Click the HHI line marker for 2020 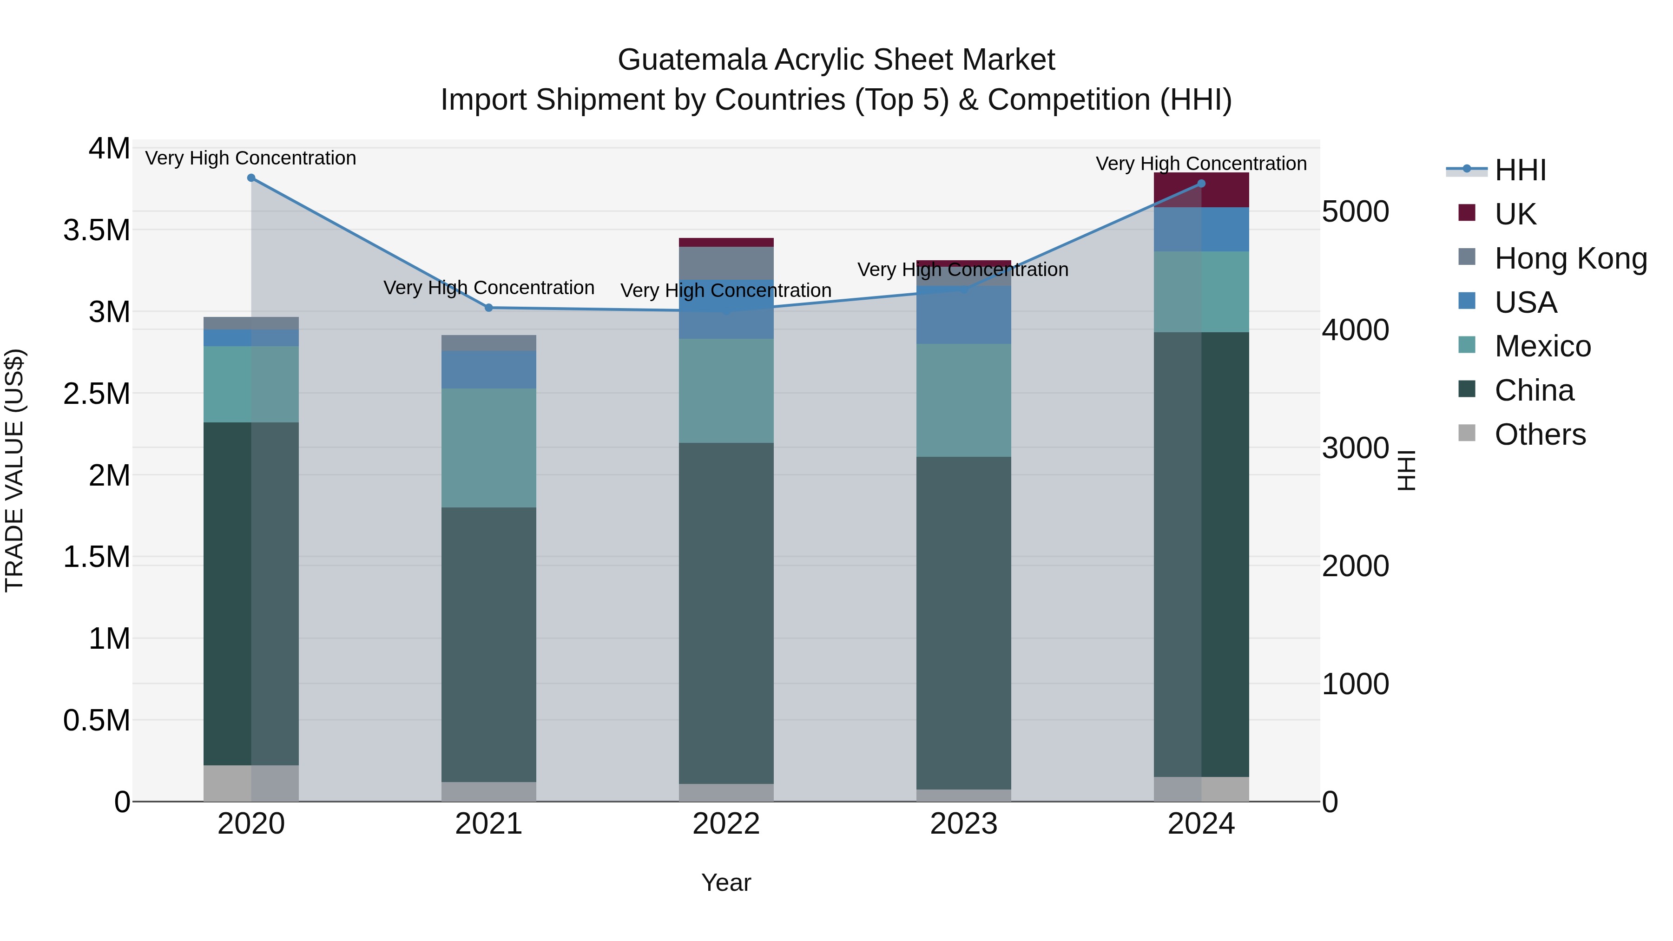[x=251, y=178]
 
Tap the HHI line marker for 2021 [x=489, y=308]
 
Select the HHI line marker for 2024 [x=1201, y=184]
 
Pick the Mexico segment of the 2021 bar [x=489, y=448]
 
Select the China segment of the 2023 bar [x=964, y=624]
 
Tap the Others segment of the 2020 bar [x=251, y=783]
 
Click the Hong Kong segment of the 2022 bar [x=726, y=263]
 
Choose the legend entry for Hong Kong [x=1570, y=258]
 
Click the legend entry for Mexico [x=1542, y=346]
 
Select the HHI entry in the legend [x=1520, y=170]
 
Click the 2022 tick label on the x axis [x=726, y=824]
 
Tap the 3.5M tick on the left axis [x=97, y=230]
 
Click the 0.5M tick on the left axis [x=97, y=720]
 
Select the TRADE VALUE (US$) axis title [x=14, y=470]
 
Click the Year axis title [x=726, y=882]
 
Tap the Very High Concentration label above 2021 [x=489, y=288]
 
